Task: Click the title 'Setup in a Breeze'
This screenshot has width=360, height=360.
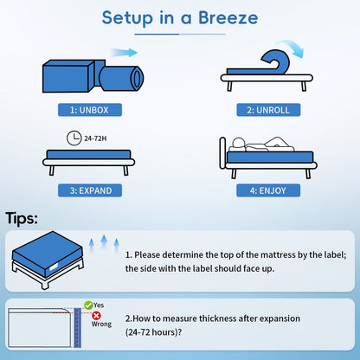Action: pyautogui.click(x=180, y=18)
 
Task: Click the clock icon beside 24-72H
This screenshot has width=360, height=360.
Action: pyautogui.click(x=72, y=136)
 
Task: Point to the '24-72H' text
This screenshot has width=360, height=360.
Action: pyautogui.click(x=95, y=136)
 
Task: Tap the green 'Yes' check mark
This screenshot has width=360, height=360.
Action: pyautogui.click(x=88, y=305)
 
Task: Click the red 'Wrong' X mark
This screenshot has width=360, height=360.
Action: pyautogui.click(x=96, y=315)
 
